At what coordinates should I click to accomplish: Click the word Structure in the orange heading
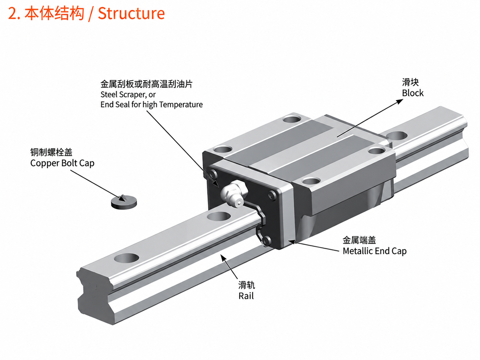click(x=131, y=14)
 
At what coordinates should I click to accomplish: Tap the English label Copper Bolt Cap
click(x=62, y=163)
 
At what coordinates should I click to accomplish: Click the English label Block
click(x=413, y=93)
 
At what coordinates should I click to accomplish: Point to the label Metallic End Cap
click(x=375, y=251)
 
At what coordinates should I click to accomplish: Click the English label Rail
click(x=246, y=296)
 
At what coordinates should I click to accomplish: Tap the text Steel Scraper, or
click(x=128, y=95)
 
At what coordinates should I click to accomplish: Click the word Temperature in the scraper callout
click(x=181, y=104)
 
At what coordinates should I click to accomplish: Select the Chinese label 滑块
click(x=410, y=83)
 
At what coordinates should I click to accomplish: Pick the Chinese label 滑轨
click(x=247, y=285)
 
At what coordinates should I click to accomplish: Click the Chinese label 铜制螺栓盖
click(x=51, y=152)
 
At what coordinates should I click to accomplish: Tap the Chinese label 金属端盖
click(x=359, y=240)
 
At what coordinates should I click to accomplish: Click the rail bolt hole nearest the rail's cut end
click(x=127, y=258)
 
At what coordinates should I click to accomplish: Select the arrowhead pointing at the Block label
click(x=400, y=101)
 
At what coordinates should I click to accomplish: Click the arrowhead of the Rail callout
click(x=223, y=258)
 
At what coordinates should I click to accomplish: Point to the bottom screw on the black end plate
click(x=266, y=241)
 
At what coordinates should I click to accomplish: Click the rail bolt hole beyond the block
click(x=397, y=136)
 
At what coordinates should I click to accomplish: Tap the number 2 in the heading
click(x=13, y=14)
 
